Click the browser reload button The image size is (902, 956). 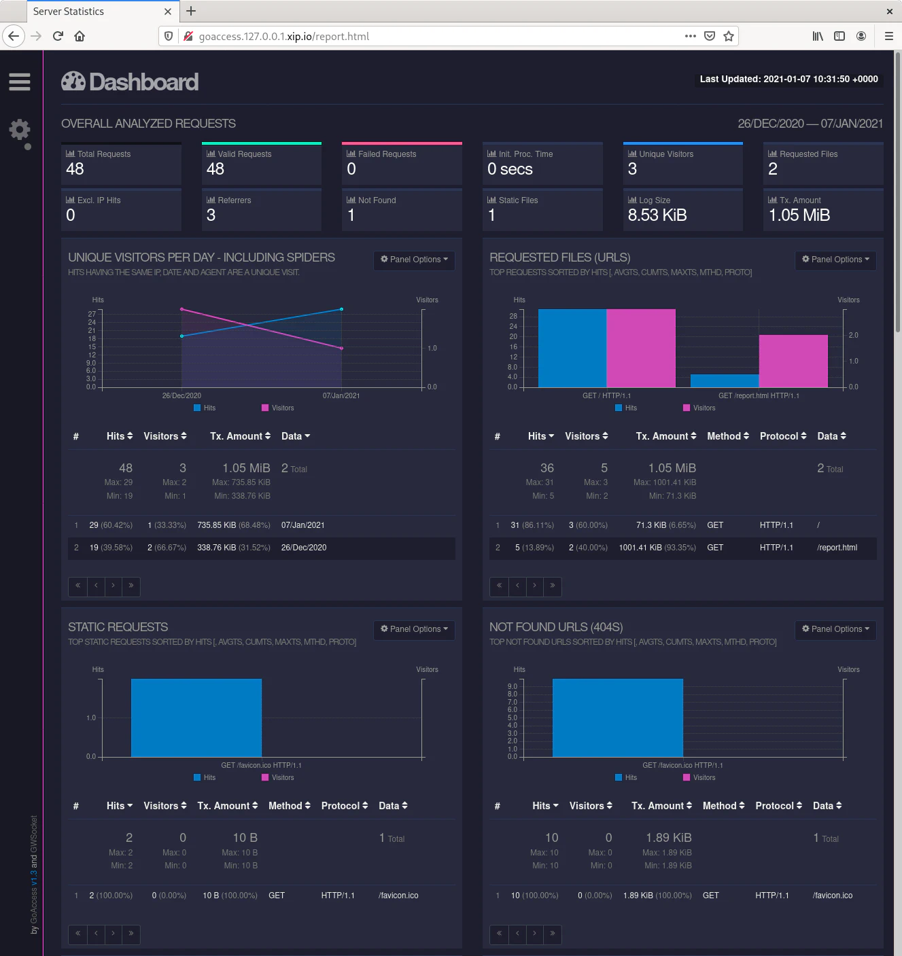click(58, 36)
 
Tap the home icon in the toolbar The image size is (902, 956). click(80, 36)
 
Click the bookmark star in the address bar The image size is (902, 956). click(729, 36)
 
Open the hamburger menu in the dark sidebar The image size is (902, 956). click(19, 82)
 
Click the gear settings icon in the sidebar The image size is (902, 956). click(20, 130)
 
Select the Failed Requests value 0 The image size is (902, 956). click(351, 169)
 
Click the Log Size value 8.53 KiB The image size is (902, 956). click(657, 215)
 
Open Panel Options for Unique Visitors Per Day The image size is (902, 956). click(414, 260)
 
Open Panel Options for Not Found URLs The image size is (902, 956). click(835, 629)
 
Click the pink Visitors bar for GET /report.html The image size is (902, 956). click(793, 361)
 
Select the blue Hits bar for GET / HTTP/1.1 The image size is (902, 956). click(572, 348)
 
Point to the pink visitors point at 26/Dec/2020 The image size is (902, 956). click(181, 309)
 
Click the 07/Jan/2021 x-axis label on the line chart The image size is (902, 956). click(341, 395)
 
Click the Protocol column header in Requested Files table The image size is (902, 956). click(782, 436)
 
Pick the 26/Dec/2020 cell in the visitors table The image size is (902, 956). click(304, 548)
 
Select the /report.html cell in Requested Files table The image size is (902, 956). click(837, 548)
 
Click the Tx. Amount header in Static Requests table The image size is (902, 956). click(227, 806)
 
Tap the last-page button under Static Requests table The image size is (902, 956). click(131, 934)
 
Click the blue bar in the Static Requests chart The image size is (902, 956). click(196, 718)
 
